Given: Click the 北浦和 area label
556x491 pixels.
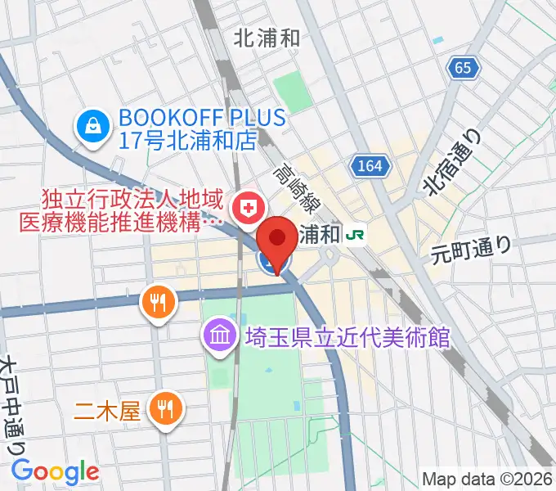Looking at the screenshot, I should [267, 37].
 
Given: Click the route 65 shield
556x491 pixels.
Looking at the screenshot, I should [464, 69].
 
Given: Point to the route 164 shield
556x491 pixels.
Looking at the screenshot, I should [368, 166].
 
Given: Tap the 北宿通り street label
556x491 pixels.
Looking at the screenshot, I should [455, 164].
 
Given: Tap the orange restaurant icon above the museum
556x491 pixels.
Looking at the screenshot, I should [157, 304].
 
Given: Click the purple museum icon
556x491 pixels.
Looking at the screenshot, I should [219, 336].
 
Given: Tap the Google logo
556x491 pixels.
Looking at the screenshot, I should [55, 471].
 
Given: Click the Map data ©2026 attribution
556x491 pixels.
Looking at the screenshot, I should [486, 479].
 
